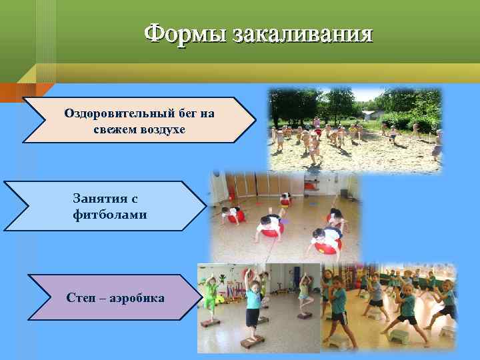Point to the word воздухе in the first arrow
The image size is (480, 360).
[163, 129]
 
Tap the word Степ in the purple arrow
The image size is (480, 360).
[80, 297]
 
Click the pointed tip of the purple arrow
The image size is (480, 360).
[201, 297]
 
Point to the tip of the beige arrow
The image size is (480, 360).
[255, 120]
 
